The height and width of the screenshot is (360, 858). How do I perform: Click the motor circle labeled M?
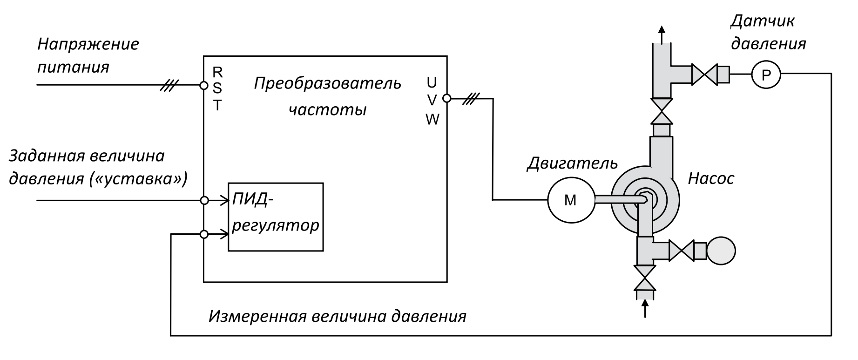(570, 200)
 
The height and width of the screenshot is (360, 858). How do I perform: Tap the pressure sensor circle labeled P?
(766, 74)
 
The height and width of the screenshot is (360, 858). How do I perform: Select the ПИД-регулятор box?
(276, 217)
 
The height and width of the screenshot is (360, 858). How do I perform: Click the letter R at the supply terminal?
(217, 72)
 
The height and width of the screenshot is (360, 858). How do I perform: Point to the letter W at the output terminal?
(432, 120)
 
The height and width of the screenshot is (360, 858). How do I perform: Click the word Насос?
(711, 178)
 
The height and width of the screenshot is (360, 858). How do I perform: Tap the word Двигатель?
(572, 163)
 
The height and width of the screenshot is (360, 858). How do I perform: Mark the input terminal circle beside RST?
(203, 85)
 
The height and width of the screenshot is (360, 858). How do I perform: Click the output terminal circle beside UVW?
(446, 98)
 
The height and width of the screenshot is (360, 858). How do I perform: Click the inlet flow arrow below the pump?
(645, 307)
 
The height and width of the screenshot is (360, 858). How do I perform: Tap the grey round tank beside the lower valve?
(721, 251)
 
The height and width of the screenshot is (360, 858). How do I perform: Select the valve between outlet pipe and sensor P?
(704, 74)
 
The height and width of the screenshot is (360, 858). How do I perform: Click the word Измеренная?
(257, 317)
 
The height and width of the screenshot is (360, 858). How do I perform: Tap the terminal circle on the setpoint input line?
(203, 200)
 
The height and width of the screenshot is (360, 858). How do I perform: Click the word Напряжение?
(88, 44)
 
